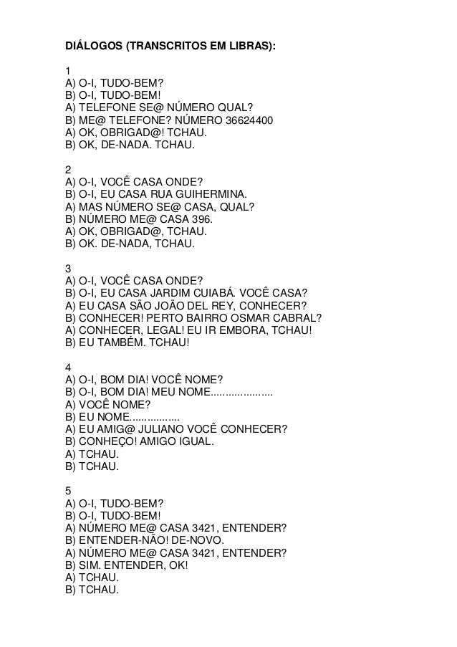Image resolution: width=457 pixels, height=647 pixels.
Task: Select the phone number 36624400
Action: pyautogui.click(x=249, y=120)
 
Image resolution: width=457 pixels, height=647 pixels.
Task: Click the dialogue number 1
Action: pyautogui.click(x=68, y=71)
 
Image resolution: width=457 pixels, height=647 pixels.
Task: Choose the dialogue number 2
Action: pyautogui.click(x=68, y=170)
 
